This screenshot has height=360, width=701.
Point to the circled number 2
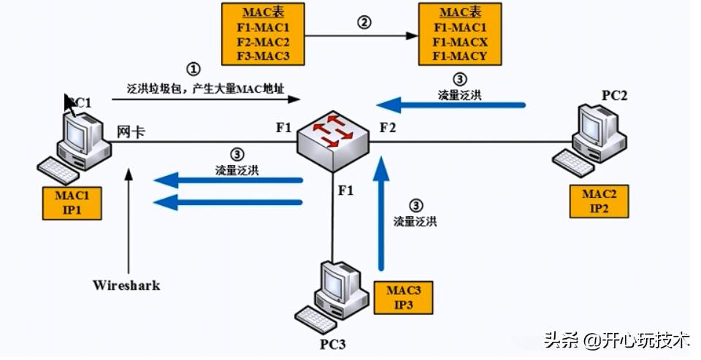tap(363, 22)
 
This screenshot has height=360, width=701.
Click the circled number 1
tap(193, 69)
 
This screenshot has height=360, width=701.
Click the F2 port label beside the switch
tap(388, 128)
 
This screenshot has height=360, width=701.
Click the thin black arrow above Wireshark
tap(129, 219)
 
